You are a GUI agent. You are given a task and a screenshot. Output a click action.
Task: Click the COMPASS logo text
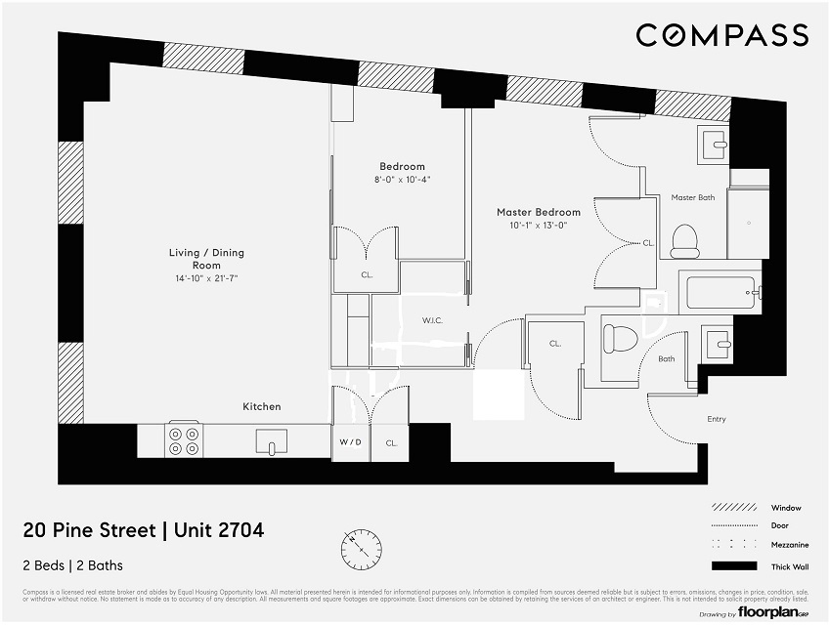pyautogui.click(x=721, y=36)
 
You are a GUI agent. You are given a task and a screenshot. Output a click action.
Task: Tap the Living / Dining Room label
pyautogui.click(x=205, y=259)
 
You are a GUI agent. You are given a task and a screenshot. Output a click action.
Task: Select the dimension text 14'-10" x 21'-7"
pyautogui.click(x=205, y=278)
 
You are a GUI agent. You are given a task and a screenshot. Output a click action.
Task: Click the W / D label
pyautogui.click(x=350, y=441)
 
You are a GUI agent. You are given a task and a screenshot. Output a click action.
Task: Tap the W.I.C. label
pyautogui.click(x=434, y=319)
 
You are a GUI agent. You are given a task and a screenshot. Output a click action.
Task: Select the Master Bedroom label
pyautogui.click(x=538, y=212)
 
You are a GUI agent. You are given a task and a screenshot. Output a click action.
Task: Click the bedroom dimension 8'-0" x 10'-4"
pyautogui.click(x=402, y=180)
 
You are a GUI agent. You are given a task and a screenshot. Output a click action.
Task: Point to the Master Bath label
pyautogui.click(x=692, y=198)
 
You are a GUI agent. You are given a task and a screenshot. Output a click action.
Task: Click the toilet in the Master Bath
pyautogui.click(x=684, y=237)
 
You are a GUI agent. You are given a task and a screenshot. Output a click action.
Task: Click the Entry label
pyautogui.click(x=717, y=419)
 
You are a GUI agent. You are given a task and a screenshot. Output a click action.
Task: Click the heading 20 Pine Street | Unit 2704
pyautogui.click(x=144, y=531)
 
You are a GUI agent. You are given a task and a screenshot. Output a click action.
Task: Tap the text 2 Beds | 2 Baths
pyautogui.click(x=72, y=565)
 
